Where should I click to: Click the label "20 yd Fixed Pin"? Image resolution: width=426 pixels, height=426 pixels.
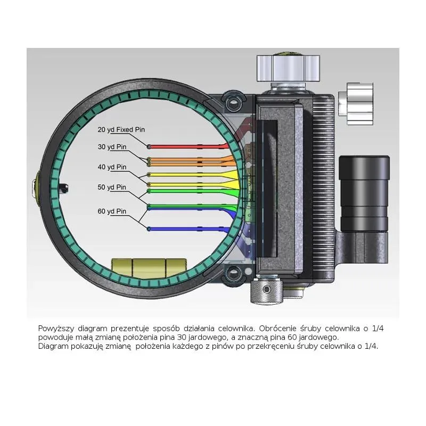click(121, 130)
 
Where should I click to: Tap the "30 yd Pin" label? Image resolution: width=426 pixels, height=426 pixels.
click(112, 147)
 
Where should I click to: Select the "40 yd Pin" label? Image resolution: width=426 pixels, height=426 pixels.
click(112, 167)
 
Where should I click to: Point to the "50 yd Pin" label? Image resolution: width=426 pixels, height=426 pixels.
click(112, 187)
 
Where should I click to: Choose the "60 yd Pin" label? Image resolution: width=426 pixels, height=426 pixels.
click(112, 211)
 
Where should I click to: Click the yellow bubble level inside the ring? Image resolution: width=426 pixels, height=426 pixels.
click(149, 268)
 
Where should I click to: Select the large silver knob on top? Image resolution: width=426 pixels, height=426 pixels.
click(288, 68)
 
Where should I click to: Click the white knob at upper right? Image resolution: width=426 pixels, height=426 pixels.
click(356, 104)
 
